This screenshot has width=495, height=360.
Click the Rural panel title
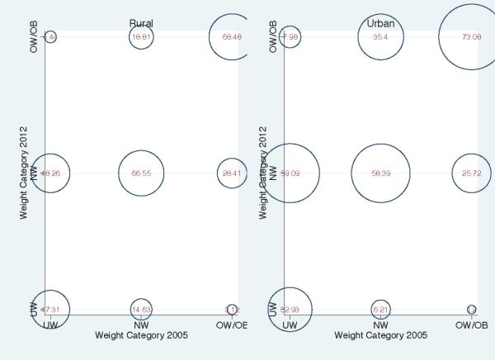[141, 23]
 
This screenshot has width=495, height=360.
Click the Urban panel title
[380, 23]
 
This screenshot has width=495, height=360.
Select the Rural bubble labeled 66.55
[141, 174]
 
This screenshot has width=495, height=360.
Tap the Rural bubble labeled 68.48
[232, 37]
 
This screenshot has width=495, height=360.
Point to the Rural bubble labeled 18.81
[141, 37]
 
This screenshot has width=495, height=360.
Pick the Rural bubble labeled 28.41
[232, 174]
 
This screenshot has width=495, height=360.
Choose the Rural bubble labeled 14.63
[141, 310]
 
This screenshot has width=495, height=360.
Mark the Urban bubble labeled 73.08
[471, 37]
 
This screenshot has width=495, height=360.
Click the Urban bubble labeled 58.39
[380, 174]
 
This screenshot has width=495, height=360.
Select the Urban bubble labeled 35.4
[380, 37]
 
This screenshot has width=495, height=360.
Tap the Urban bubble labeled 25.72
[471, 174]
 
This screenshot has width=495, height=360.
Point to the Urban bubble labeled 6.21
[380, 310]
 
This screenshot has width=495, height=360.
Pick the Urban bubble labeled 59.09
[290, 174]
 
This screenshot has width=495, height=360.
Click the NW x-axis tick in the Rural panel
[141, 324]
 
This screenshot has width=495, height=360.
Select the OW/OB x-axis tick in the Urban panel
[471, 324]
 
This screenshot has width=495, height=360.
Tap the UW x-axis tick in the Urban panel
[290, 324]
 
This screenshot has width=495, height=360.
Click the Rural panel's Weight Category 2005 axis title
[141, 335]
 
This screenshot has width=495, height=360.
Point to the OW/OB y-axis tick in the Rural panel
[34, 37]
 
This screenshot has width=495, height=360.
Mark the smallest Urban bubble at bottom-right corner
[471, 310]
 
